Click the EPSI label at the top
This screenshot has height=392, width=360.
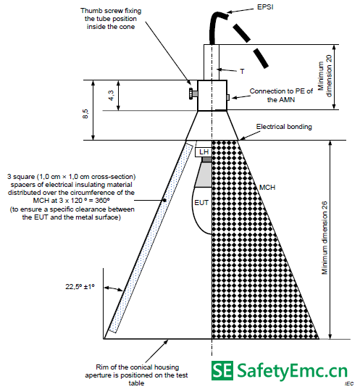(x=265, y=7)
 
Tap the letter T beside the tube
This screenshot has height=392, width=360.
(x=242, y=72)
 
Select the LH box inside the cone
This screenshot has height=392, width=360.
(x=204, y=152)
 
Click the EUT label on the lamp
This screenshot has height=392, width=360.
(x=201, y=202)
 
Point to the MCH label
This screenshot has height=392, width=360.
(x=267, y=187)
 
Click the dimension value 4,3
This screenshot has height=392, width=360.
(x=111, y=95)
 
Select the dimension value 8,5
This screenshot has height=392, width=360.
(x=85, y=114)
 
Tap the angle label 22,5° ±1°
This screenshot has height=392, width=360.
(x=80, y=286)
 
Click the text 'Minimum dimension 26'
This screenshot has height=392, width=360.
(x=325, y=238)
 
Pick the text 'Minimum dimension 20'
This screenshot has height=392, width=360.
(x=325, y=76)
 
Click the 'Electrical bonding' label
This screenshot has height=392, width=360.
(x=284, y=127)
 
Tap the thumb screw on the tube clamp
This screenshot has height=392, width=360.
(x=193, y=93)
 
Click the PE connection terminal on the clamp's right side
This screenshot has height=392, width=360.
(x=228, y=97)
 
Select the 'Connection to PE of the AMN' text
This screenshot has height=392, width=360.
(x=281, y=95)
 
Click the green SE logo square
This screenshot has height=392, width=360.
(x=222, y=370)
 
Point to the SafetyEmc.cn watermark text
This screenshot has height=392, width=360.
(x=292, y=371)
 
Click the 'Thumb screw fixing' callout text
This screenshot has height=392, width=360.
(x=111, y=11)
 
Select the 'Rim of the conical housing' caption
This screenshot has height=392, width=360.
(x=137, y=367)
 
